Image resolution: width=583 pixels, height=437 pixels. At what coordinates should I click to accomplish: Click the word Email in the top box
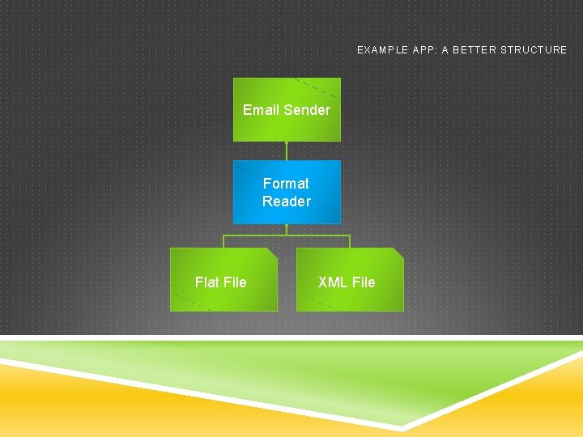pyautogui.click(x=260, y=110)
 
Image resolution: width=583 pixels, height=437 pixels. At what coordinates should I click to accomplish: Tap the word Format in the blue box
pyautogui.click(x=286, y=184)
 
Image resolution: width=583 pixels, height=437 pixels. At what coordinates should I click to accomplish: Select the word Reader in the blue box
pyautogui.click(x=286, y=202)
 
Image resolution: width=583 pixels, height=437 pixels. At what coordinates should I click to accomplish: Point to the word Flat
pyautogui.click(x=207, y=282)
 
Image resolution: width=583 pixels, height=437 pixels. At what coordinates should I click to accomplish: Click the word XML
pyautogui.click(x=333, y=282)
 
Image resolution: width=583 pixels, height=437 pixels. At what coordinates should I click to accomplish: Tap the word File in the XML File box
pyautogui.click(x=364, y=282)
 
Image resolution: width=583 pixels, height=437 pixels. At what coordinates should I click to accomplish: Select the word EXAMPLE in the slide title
pyautogui.click(x=382, y=50)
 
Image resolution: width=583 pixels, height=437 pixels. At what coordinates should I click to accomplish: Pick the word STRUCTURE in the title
pyautogui.click(x=534, y=50)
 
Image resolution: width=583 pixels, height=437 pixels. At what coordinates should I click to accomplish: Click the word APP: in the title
pyautogui.click(x=424, y=50)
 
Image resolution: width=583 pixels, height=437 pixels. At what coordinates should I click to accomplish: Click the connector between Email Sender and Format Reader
pyautogui.click(x=287, y=151)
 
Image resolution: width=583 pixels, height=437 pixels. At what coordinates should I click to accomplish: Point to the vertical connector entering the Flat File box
pyautogui.click(x=223, y=241)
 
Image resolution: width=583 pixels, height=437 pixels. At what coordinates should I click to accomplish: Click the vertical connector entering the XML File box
pyautogui.click(x=350, y=241)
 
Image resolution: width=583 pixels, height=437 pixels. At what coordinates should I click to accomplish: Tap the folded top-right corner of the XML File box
pyautogui.click(x=398, y=253)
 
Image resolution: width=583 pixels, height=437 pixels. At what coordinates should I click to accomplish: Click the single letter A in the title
pyautogui.click(x=445, y=50)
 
